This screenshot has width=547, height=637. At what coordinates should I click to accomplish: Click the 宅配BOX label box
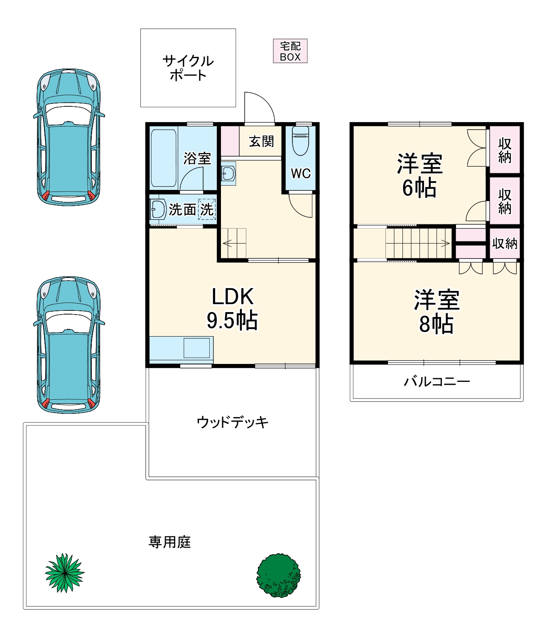point(290,51)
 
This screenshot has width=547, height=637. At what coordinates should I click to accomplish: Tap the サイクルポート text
point(188,68)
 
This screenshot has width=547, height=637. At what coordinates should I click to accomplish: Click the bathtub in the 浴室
point(164,158)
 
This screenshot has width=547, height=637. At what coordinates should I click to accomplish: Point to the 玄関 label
point(261,142)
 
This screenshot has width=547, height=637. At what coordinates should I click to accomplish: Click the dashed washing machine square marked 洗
point(207,209)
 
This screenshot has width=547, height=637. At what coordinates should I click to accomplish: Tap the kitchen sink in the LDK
point(196,348)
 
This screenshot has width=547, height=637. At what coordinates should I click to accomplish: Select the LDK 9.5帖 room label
point(232,308)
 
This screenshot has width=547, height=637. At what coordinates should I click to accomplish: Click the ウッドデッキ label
point(232,422)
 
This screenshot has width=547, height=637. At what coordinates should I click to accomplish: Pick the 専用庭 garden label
point(169,542)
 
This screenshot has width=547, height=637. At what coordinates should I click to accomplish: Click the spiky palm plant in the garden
point(64,573)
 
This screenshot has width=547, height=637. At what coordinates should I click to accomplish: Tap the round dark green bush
point(278,575)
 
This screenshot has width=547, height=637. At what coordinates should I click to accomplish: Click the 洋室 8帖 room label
point(436,312)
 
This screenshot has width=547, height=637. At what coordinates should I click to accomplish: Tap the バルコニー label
point(437,381)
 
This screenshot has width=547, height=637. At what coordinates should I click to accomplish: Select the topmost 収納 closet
point(504,150)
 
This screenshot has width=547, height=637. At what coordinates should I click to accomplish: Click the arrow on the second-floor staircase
point(445,243)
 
